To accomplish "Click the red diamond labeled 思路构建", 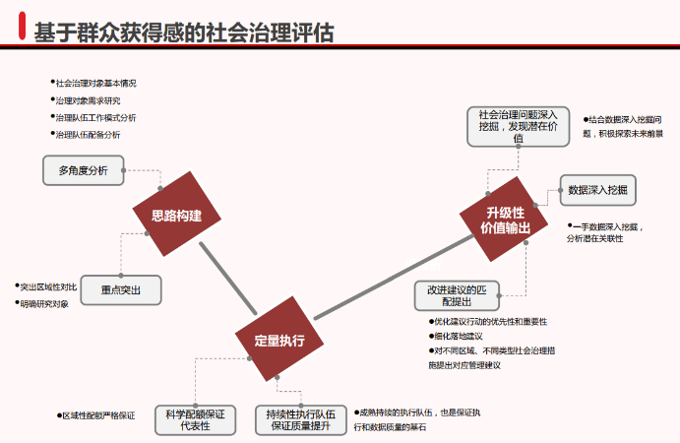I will click(176, 217).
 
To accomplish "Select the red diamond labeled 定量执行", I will click(278, 341).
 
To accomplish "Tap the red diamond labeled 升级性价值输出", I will click(505, 220).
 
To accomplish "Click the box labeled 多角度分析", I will click(83, 170).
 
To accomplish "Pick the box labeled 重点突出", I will click(120, 290).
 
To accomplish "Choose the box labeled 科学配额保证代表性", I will click(195, 420).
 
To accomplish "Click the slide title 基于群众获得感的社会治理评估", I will click(184, 32).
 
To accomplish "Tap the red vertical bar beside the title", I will click(22, 31).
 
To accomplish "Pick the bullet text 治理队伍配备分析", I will click(91, 134).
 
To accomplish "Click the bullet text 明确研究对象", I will click(46, 303).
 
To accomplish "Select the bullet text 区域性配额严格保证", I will click(98, 415).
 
